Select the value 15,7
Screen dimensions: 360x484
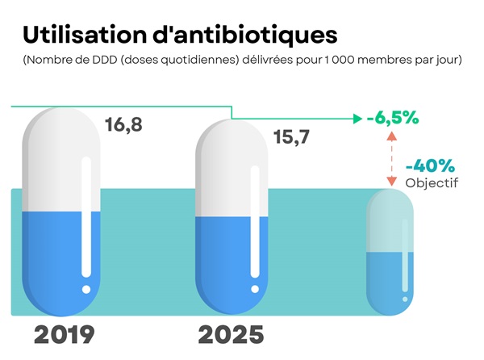(x=293, y=136)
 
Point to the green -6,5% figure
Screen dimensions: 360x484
(x=392, y=118)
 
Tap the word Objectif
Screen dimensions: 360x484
(x=432, y=182)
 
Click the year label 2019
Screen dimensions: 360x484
(x=65, y=334)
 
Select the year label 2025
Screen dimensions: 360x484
(x=231, y=334)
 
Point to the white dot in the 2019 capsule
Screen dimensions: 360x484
(x=86, y=288)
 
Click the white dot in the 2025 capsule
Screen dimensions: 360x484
(x=255, y=288)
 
